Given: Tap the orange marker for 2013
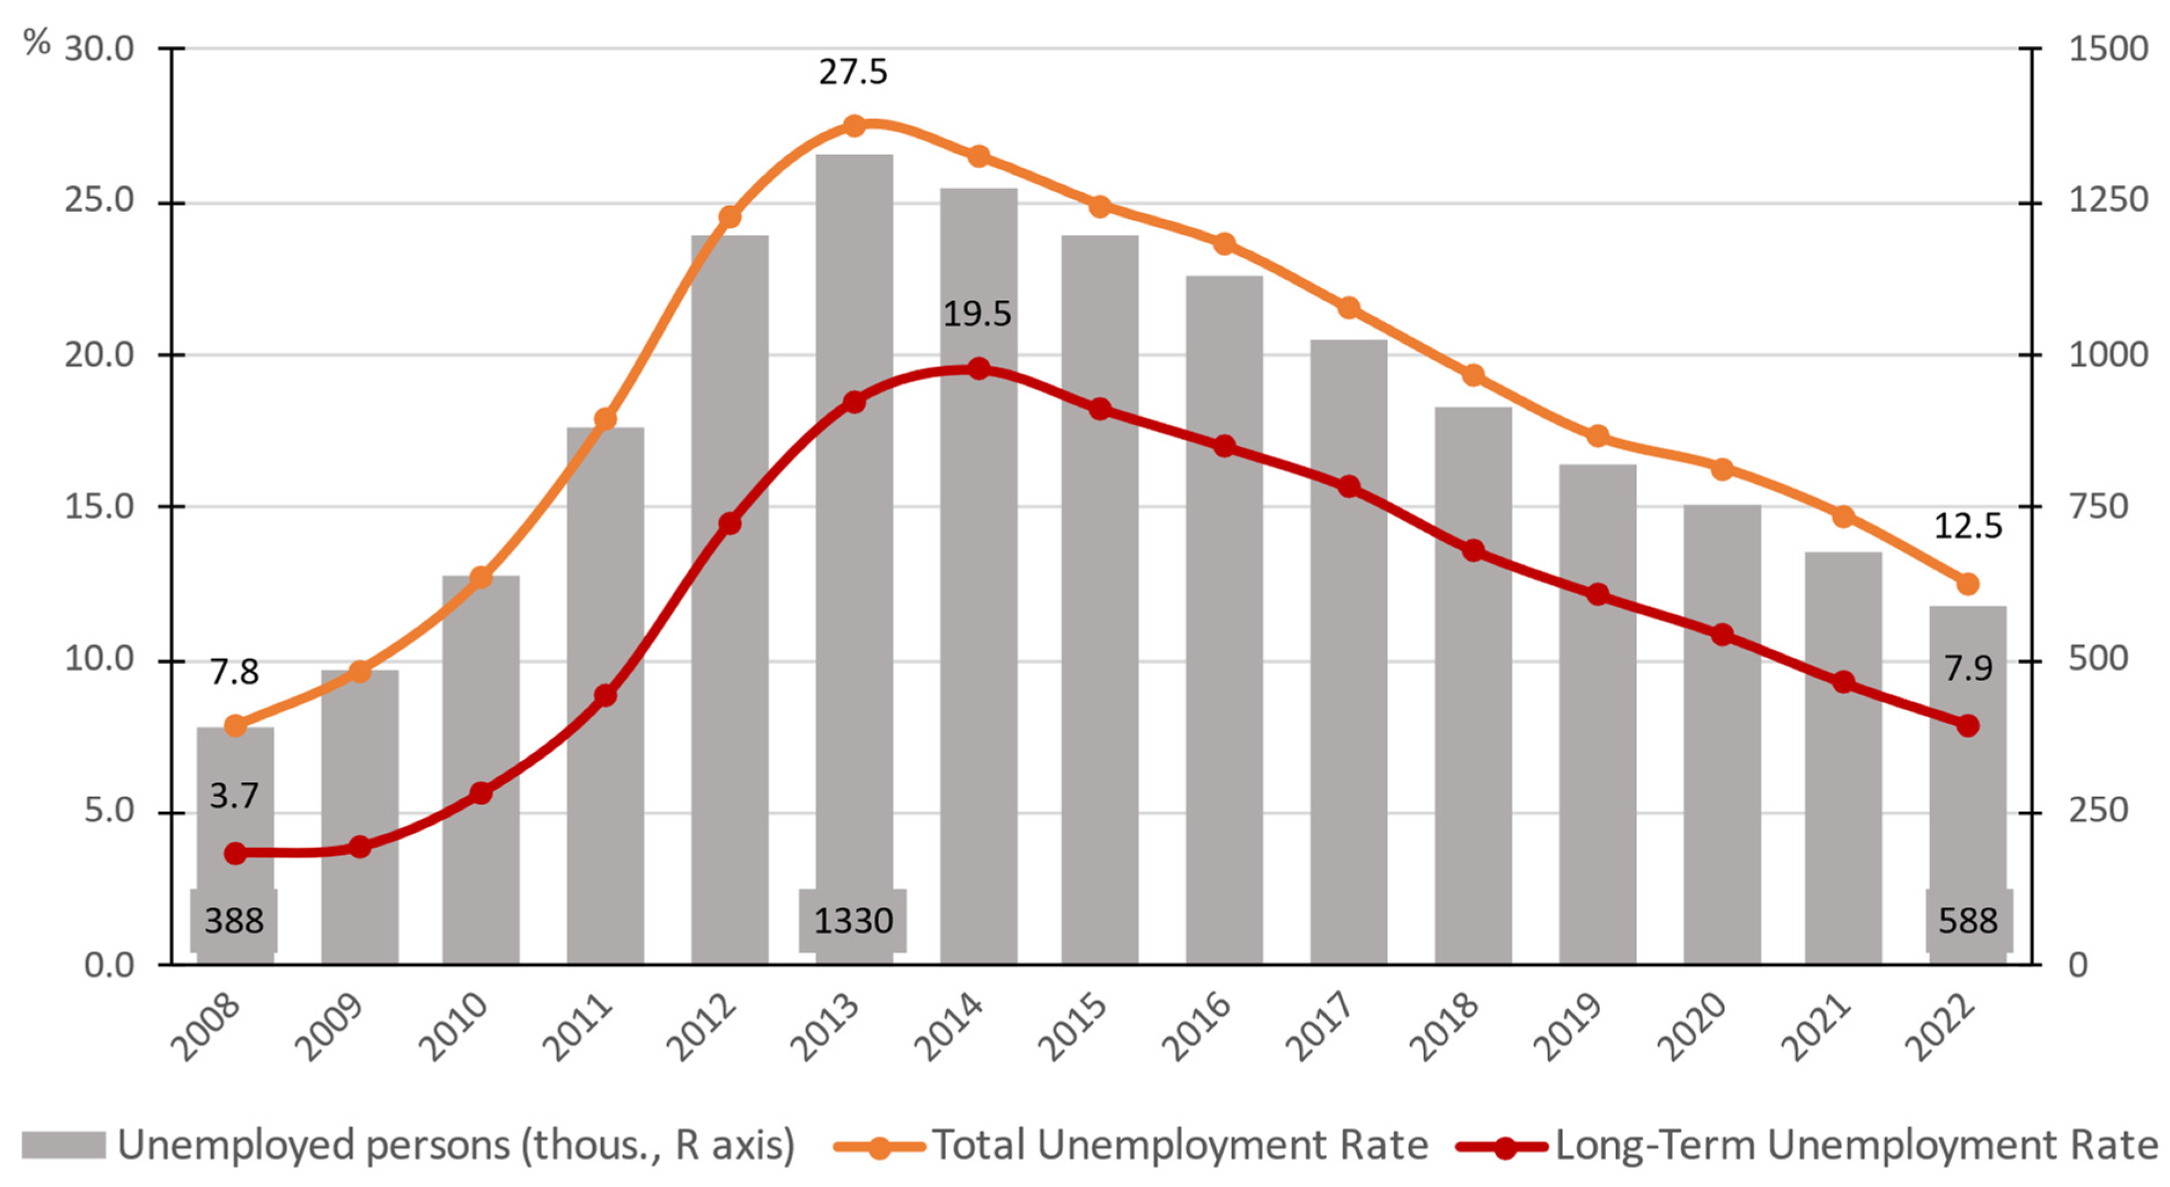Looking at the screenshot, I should tap(854, 126).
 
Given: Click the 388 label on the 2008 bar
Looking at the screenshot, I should tap(234, 921).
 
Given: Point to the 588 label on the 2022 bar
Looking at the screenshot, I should tap(1968, 921).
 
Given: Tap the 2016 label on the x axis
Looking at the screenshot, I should tap(1196, 1027).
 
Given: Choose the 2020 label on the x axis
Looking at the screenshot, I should tap(1691, 1027).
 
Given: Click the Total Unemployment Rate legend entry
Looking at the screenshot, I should tap(1179, 1146).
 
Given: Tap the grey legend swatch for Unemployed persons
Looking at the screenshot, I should tap(63, 1146).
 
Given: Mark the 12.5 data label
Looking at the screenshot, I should tap(1967, 527).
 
